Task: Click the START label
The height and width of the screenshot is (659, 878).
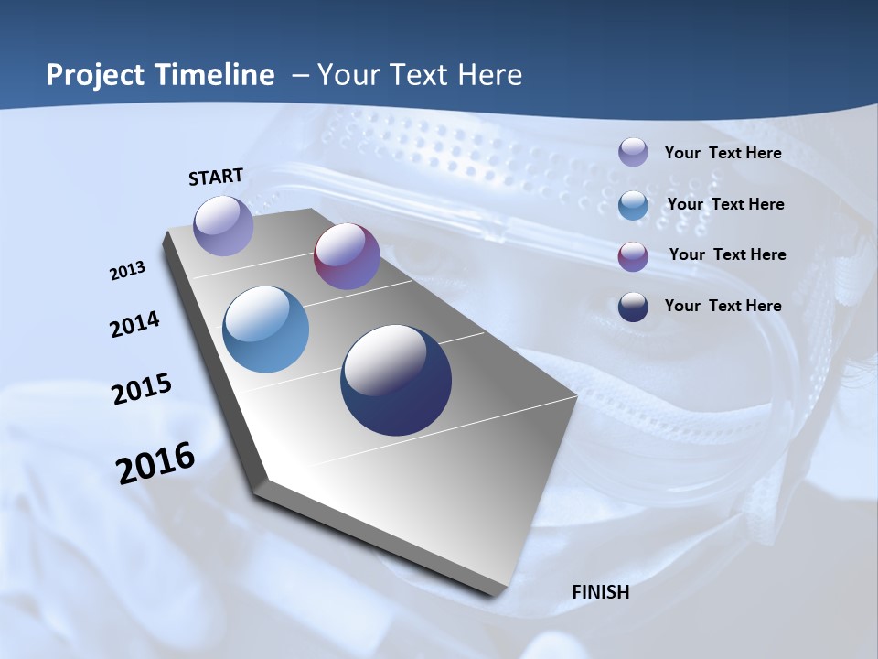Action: coord(216,177)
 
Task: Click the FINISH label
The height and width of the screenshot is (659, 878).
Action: coord(600,592)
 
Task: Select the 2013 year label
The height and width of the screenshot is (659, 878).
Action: coord(127,271)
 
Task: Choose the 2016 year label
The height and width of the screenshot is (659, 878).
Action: coord(155,463)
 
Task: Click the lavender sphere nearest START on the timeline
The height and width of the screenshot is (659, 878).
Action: coord(223,225)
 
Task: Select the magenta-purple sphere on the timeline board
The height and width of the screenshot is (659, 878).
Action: coord(347,256)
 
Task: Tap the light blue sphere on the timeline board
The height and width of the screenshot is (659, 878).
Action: coord(266,329)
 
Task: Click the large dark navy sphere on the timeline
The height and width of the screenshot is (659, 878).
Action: coord(396,380)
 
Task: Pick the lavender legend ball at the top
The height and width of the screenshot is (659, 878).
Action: coord(633,153)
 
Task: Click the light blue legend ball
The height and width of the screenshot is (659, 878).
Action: coord(633,204)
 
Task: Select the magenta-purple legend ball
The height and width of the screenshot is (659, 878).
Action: coord(633,255)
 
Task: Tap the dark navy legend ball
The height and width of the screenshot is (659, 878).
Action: coord(633,307)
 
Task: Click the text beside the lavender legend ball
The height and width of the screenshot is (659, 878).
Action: coord(723,153)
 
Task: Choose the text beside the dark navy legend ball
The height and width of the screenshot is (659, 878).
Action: coord(723,306)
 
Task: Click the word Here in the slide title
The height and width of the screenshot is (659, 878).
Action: coord(490,75)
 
